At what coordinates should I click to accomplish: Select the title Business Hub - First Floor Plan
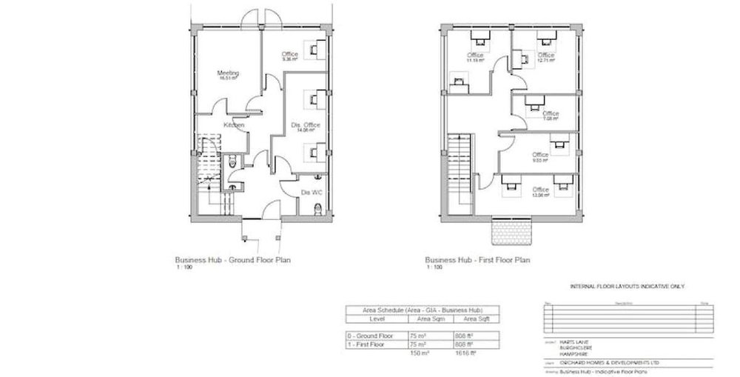pyautogui.click(x=469, y=261)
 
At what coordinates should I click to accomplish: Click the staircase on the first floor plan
pyautogui.click(x=459, y=167)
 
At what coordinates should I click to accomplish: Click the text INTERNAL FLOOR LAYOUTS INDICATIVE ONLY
pyautogui.click(x=626, y=285)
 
